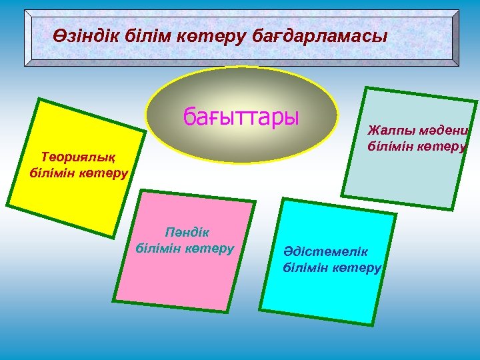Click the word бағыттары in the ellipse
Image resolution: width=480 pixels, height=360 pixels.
241,118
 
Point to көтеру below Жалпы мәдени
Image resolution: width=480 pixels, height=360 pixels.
443,145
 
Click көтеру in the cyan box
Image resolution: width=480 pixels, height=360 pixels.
358,267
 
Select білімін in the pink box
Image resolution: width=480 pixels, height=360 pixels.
158,248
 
